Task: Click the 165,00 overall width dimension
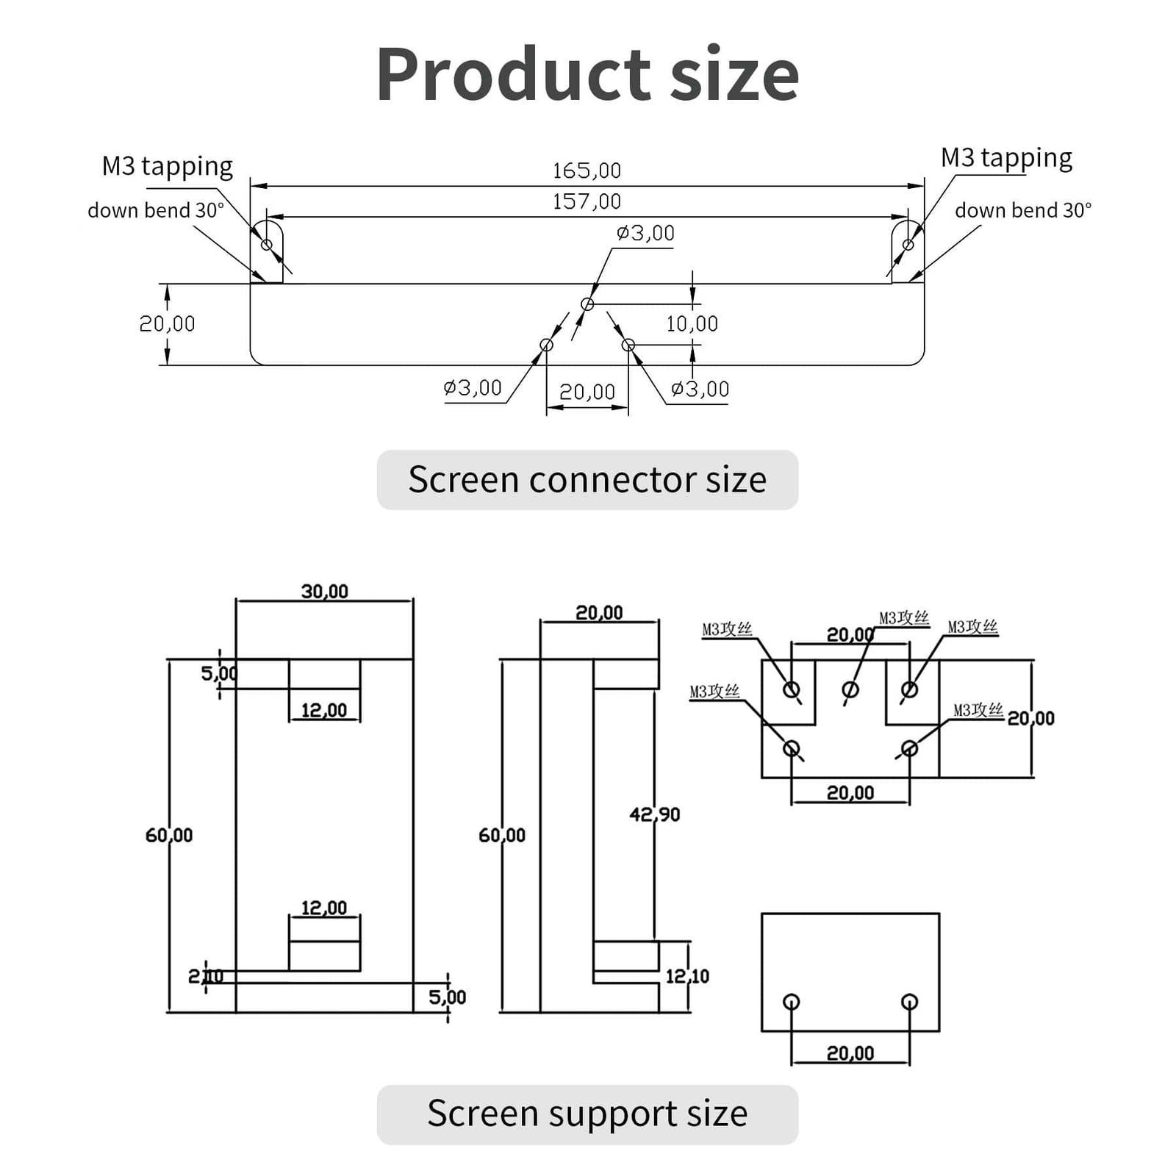(587, 171)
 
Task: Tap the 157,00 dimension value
(587, 201)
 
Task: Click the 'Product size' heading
(587, 74)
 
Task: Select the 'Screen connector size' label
(587, 480)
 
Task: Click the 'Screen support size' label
(587, 1114)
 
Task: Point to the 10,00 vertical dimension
(692, 324)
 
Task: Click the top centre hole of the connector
(587, 304)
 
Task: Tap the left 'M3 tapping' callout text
(167, 166)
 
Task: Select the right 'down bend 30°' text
(1023, 211)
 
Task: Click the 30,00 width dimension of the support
(324, 592)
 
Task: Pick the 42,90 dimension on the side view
(654, 814)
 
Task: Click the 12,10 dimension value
(687, 976)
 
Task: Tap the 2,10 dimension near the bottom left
(205, 976)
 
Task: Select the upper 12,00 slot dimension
(324, 710)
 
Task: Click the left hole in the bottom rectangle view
(792, 1001)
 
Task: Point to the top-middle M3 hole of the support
(850, 689)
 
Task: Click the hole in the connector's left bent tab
(267, 245)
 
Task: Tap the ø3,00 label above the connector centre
(645, 234)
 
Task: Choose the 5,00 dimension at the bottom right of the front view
(447, 997)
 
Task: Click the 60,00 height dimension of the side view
(501, 836)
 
